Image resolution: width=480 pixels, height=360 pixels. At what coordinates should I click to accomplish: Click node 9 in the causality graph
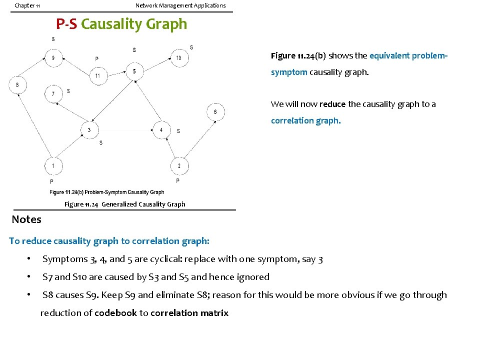53,58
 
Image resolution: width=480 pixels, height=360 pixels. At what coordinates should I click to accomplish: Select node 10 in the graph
178,58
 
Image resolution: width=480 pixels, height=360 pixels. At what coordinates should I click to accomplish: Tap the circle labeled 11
97,76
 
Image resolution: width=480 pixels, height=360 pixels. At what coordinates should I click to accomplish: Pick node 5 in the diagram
134,71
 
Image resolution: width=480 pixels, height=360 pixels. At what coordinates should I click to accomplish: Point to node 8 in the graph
17,85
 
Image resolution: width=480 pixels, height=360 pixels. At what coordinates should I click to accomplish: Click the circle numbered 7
53,93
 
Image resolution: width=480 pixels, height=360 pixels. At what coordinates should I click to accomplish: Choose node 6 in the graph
215,112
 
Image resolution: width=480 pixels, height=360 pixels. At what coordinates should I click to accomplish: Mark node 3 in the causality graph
89,130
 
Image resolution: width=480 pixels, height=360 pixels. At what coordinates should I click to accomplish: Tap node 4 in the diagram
161,130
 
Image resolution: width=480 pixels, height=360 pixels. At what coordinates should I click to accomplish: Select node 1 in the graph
53,165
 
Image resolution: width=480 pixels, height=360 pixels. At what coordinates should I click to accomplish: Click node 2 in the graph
179,165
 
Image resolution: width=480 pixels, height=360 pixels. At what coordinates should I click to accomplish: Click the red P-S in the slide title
66,24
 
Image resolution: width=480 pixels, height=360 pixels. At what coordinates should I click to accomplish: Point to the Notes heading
26,219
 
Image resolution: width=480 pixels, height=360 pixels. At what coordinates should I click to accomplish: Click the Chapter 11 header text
27,5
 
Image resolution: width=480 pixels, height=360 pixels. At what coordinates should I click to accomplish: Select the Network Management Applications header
180,5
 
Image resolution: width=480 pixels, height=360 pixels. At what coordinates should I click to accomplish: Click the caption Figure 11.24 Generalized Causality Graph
124,204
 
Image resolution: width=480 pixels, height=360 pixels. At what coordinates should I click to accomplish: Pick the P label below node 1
51,181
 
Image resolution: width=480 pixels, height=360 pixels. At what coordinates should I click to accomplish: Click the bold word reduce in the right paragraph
332,104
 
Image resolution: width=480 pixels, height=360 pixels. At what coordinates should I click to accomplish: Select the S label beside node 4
178,131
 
